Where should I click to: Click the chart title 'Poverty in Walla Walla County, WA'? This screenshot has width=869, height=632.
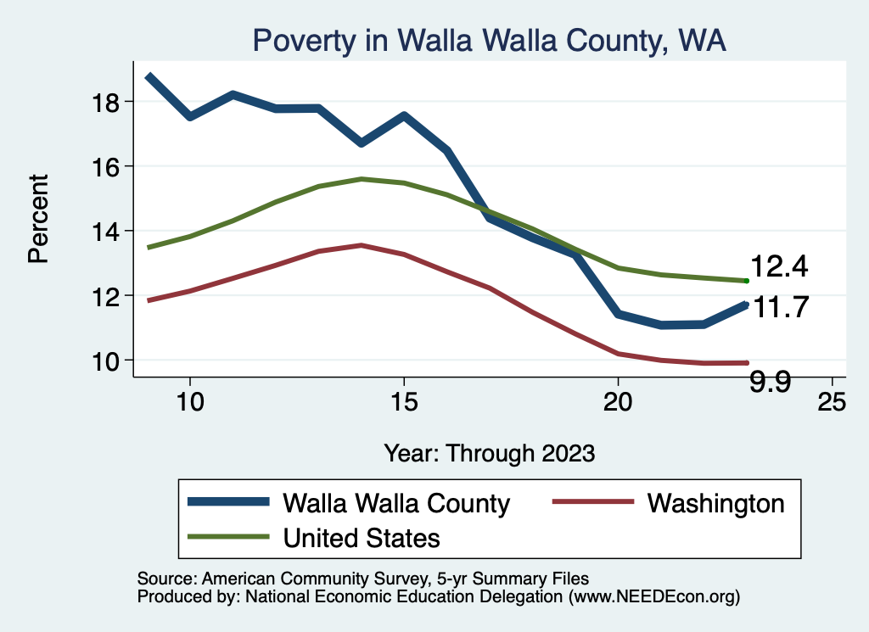pyautogui.click(x=489, y=41)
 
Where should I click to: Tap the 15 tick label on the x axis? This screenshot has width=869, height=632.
pyautogui.click(x=403, y=401)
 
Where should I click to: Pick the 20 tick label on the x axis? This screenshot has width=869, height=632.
pyautogui.click(x=618, y=401)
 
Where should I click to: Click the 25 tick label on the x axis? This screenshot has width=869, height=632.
pyautogui.click(x=832, y=401)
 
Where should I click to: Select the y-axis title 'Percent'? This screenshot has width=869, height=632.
pyautogui.click(x=39, y=218)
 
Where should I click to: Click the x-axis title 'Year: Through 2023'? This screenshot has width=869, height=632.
pyautogui.click(x=489, y=452)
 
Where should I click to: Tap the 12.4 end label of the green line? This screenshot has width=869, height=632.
pyautogui.click(x=778, y=267)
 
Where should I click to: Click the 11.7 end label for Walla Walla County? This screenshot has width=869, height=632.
pyautogui.click(x=781, y=307)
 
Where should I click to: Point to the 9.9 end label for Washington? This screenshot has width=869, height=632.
pyautogui.click(x=771, y=383)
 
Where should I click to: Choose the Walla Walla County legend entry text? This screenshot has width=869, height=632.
pyautogui.click(x=396, y=503)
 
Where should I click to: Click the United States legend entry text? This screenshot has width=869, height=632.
pyautogui.click(x=362, y=537)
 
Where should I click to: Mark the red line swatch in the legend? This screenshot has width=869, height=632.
pyautogui.click(x=593, y=502)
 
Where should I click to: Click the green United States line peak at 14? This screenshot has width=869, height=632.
pyautogui.click(x=361, y=179)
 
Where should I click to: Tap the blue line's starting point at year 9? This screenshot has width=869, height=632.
pyautogui.click(x=149, y=76)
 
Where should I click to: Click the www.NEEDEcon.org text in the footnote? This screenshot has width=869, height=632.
pyautogui.click(x=654, y=597)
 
